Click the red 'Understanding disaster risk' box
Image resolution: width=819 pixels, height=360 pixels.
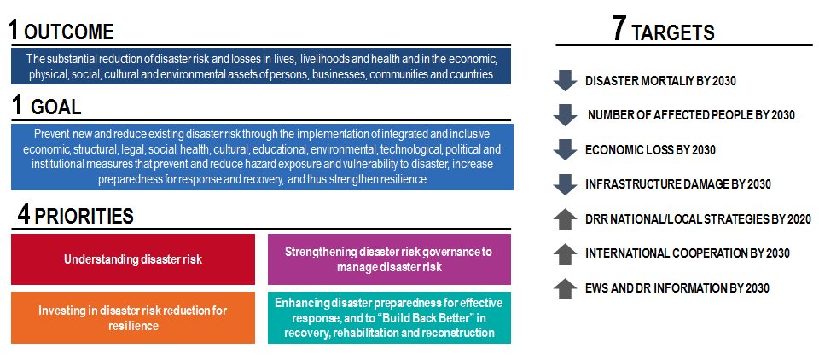(133, 259)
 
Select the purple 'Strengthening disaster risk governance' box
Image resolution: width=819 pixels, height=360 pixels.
(389, 259)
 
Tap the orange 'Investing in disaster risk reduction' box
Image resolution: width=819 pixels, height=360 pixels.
(133, 317)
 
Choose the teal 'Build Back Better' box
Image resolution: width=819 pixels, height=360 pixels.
(389, 317)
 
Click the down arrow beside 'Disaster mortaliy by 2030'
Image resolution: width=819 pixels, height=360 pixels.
(565, 81)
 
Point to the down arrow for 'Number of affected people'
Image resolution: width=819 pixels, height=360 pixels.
(565, 115)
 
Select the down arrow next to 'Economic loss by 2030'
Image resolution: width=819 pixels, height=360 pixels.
(565, 149)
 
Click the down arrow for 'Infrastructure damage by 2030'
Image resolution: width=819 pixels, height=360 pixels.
(565, 183)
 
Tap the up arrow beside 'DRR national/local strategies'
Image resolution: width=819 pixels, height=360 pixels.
(565, 219)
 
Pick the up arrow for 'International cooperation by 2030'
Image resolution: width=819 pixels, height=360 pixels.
(565, 253)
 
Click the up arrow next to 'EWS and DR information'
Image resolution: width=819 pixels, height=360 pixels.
(565, 287)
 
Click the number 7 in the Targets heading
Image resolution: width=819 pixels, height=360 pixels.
(620, 29)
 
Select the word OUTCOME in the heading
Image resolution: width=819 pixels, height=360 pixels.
(68, 32)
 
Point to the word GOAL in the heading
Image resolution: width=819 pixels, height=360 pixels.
(55, 108)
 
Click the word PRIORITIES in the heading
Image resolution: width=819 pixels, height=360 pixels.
(84, 216)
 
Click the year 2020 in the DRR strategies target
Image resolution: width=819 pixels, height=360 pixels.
(797, 219)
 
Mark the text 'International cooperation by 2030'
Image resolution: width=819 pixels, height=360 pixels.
(687, 253)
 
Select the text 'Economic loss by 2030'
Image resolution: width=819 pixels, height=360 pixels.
(650, 149)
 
